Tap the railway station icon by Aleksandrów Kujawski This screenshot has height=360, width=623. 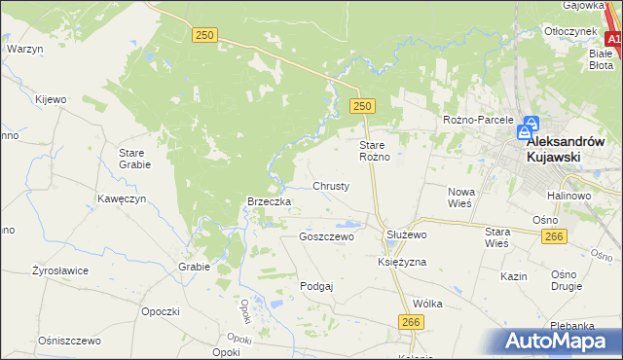(527, 128)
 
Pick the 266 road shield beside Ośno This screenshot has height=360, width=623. (555, 236)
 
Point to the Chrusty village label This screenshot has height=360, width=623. (331, 185)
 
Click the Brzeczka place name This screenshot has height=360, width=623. (270, 201)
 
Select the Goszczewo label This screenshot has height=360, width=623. (327, 236)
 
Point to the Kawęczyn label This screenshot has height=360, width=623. (122, 198)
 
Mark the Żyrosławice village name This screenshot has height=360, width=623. (60, 270)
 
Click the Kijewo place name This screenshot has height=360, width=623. (51, 99)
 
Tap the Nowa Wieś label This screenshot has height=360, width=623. (459, 198)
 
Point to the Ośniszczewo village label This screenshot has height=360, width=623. (69, 341)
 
